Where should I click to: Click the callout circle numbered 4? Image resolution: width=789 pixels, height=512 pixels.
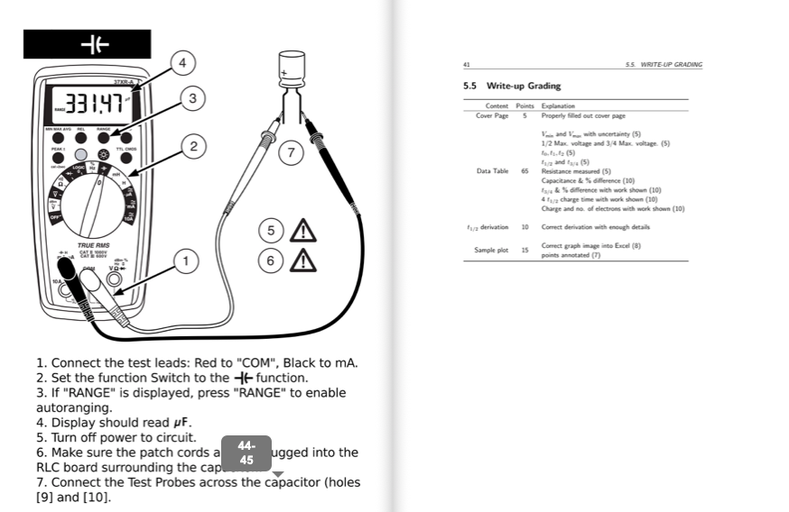click(x=182, y=63)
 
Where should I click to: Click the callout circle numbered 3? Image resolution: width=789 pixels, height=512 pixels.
click(x=191, y=98)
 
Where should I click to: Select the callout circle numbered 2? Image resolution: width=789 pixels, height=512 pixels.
click(x=191, y=145)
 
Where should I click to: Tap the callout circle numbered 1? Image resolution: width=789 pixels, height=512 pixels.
click(x=186, y=261)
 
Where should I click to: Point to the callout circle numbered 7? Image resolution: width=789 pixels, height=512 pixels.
click(x=291, y=152)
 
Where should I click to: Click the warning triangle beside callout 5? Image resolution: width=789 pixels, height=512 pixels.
click(x=302, y=231)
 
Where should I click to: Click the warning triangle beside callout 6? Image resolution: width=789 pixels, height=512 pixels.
click(x=302, y=261)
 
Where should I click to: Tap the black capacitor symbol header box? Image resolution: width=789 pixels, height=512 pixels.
click(x=87, y=44)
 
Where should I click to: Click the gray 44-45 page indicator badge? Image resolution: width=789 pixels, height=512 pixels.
click(x=246, y=453)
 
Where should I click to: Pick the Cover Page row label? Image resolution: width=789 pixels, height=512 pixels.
click(x=492, y=115)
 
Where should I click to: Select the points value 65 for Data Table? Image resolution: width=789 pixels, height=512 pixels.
click(x=524, y=170)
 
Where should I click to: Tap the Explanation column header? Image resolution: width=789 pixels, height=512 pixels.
click(x=558, y=106)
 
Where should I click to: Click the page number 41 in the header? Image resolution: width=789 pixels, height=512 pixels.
click(x=466, y=65)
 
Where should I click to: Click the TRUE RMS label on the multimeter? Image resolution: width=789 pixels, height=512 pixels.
click(x=94, y=244)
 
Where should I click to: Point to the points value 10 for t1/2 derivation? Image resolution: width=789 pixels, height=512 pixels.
click(x=524, y=227)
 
